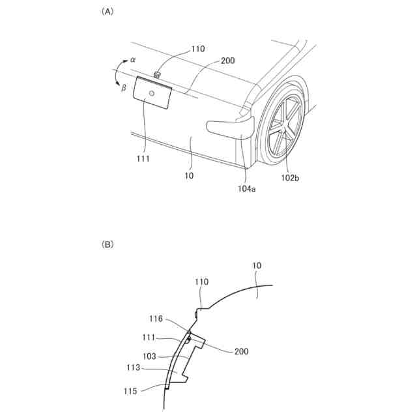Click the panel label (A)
pyautogui.click(x=106, y=12)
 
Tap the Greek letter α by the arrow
pyautogui.click(x=133, y=59)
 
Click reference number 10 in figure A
pyautogui.click(x=190, y=176)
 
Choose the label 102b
pyautogui.click(x=291, y=176)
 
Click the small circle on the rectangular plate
pyautogui.click(x=151, y=94)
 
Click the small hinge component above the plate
pyautogui.click(x=157, y=75)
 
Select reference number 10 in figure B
pyautogui.click(x=257, y=266)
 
